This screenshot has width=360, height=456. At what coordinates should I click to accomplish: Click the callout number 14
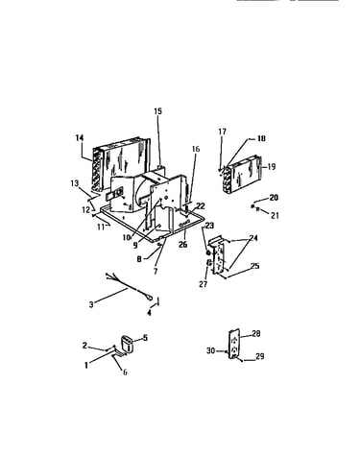click(x=80, y=138)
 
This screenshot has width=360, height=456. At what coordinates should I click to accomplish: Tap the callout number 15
click(x=158, y=111)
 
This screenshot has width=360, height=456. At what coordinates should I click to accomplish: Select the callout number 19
click(x=271, y=167)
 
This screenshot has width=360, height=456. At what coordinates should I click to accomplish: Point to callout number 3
click(x=91, y=304)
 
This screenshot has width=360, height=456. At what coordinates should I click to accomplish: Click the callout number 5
click(x=145, y=338)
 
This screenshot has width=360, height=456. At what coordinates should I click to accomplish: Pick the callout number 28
click(x=256, y=334)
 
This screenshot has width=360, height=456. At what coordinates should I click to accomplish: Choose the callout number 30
click(x=210, y=351)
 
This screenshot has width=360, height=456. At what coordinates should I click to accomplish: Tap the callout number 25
click(x=254, y=266)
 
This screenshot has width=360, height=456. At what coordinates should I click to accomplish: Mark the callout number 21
click(x=275, y=216)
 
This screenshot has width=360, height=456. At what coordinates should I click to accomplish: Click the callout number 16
click(x=196, y=149)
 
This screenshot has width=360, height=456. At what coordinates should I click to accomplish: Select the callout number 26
click(x=182, y=245)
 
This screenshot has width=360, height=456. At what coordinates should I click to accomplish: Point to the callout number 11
click(x=101, y=227)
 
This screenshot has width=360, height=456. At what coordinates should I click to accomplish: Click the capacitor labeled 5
click(x=129, y=344)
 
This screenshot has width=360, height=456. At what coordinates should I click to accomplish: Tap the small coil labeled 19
click(x=242, y=176)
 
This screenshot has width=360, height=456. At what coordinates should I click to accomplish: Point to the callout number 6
click(x=125, y=372)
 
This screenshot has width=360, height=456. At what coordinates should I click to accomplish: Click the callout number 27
click(x=204, y=284)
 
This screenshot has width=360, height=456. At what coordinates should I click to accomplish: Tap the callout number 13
click(x=75, y=183)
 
